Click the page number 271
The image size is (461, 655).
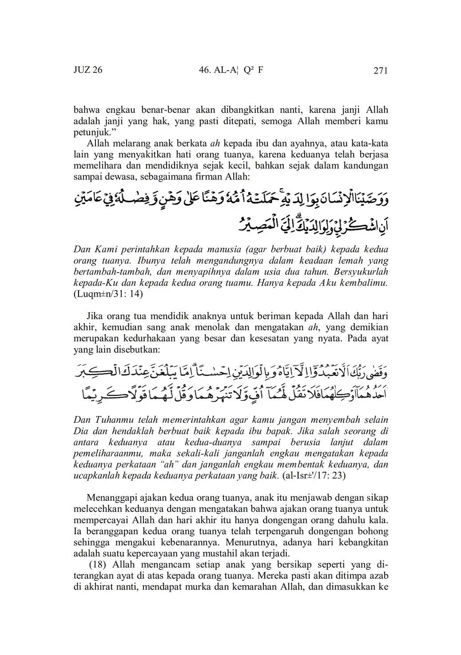[381, 71]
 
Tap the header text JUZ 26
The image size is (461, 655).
[88, 71]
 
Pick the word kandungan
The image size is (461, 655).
[362, 166]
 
